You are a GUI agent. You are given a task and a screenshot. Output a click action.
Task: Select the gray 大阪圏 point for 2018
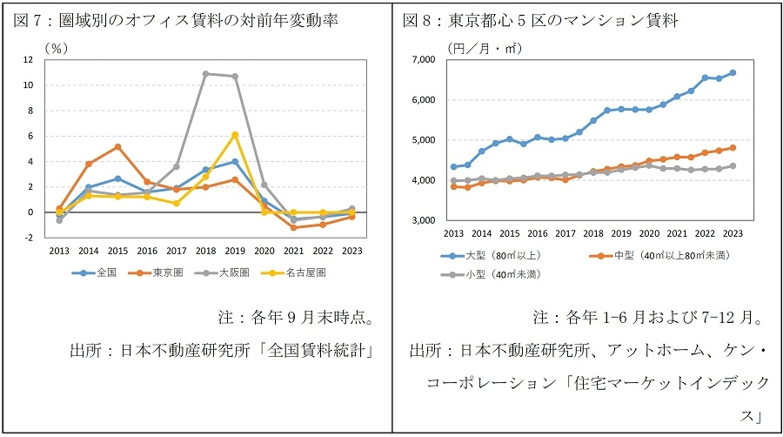[x=205, y=74]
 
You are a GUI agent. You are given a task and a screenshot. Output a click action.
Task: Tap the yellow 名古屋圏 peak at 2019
[x=235, y=134]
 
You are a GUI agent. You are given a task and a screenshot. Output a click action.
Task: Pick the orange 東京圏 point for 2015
[x=117, y=146]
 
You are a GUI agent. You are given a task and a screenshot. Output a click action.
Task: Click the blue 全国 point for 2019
[x=235, y=162]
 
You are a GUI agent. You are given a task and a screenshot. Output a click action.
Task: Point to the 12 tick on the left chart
[x=29, y=60]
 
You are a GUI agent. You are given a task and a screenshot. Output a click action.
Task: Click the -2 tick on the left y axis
[x=29, y=238]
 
